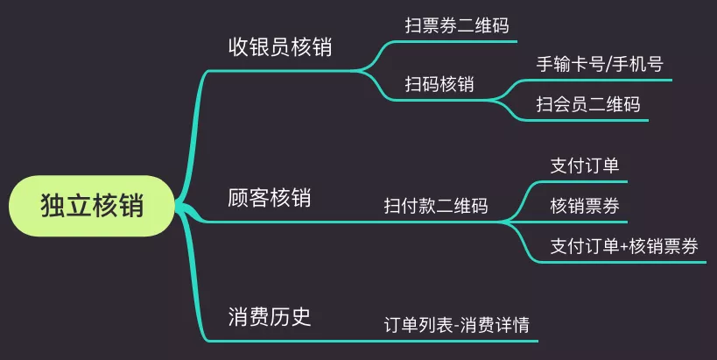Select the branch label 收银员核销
[x=279, y=47]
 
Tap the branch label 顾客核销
[x=269, y=198]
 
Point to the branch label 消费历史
[x=269, y=316]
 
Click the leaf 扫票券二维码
[x=456, y=25]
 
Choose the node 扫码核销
[x=439, y=84]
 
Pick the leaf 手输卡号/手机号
[x=600, y=65]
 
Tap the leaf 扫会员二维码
[x=588, y=105]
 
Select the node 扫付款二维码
[x=436, y=206]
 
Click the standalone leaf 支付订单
[x=585, y=166]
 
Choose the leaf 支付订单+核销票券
[x=624, y=246]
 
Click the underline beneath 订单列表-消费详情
[x=457, y=340]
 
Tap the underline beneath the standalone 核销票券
[x=585, y=222]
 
